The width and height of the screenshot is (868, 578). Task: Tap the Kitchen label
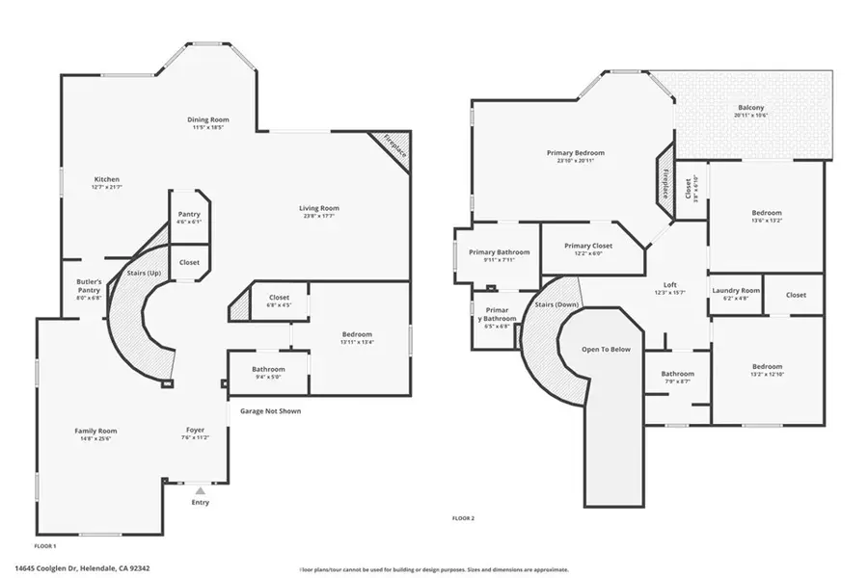(x=106, y=180)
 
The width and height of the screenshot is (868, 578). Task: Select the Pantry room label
(x=188, y=214)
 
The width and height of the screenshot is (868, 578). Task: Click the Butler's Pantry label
(x=89, y=286)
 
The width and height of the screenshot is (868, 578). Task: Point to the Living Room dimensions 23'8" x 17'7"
(x=318, y=216)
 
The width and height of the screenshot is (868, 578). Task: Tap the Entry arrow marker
(x=200, y=490)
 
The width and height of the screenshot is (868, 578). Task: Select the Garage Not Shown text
(x=270, y=411)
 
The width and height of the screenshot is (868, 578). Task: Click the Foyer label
(x=196, y=430)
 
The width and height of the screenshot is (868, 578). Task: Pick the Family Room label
(x=95, y=431)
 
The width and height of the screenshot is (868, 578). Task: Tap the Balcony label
(x=751, y=107)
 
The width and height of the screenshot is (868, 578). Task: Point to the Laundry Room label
(x=736, y=290)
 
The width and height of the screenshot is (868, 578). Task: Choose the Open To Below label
(x=607, y=349)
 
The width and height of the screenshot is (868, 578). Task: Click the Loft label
(x=669, y=285)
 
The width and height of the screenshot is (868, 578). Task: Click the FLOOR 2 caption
(x=463, y=518)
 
